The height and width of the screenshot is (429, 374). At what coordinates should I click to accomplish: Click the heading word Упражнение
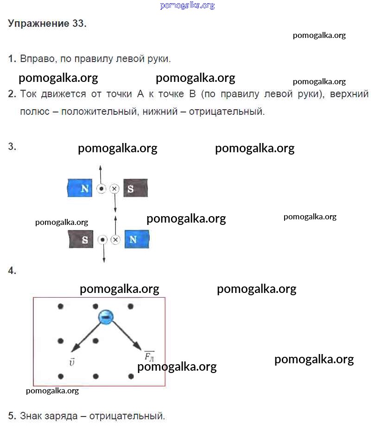38,24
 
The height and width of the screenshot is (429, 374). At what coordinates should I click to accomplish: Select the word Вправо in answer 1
37,59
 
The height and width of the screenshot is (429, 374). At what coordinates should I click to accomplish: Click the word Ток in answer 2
28,94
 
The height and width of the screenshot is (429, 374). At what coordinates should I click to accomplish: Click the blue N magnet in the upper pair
80,188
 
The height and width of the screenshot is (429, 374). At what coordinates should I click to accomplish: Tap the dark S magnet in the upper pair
136,188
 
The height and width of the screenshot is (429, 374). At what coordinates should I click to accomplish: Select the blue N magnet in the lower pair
137,239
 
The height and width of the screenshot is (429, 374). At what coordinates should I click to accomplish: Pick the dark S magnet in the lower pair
81,239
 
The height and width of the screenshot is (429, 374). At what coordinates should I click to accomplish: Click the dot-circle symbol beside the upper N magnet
101,188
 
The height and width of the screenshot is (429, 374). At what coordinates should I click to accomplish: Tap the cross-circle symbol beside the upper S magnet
114,188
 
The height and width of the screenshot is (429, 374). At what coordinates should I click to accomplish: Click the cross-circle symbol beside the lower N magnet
115,240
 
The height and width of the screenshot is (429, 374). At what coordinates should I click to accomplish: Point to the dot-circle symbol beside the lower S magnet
102,240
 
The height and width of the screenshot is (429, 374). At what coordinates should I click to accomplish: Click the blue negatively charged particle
106,317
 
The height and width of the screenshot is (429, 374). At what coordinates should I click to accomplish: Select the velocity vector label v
72,362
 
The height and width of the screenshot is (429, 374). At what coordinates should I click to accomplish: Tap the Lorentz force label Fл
149,356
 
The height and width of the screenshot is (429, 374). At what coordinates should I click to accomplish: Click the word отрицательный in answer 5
127,416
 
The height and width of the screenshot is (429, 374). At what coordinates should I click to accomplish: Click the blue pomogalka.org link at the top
187,5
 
